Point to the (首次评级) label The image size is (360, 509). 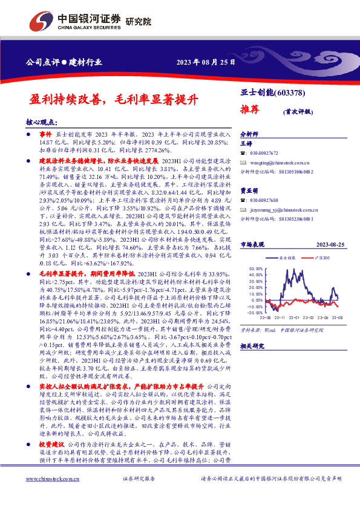pos(297,112)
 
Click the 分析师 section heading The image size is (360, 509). pos(250,134)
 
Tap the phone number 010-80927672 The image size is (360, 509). pos(265,154)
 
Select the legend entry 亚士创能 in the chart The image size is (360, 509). pos(287,258)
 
